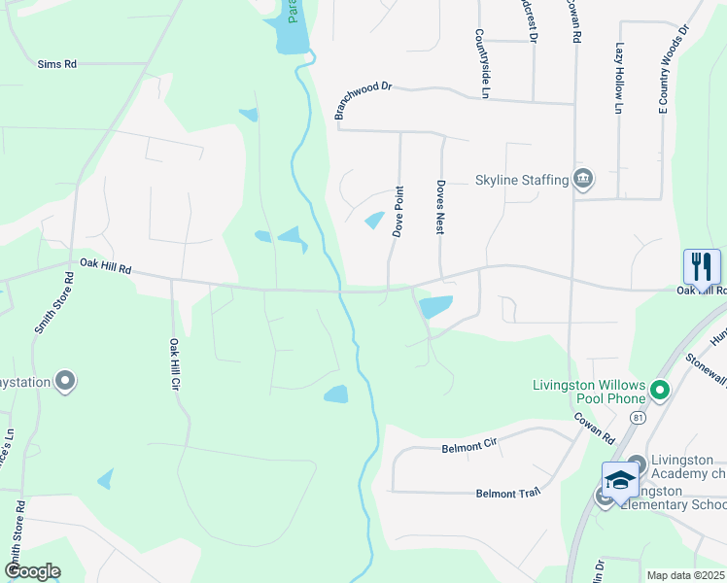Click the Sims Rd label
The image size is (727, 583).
56,64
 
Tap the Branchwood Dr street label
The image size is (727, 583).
362,100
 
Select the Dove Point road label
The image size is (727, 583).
398,212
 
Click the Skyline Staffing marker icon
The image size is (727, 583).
583,179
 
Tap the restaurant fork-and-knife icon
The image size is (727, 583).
702,265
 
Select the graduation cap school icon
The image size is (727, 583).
620,479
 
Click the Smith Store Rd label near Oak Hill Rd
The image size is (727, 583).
54,303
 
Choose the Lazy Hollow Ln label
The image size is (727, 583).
619,79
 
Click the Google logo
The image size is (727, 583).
31,572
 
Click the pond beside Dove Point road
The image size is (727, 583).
373,221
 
